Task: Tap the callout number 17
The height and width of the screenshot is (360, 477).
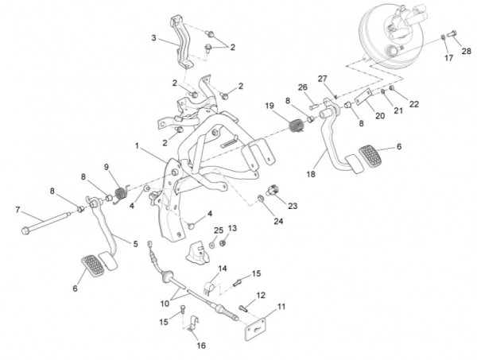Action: click(x=448, y=58)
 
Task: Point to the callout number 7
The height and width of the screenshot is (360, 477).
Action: click(x=17, y=210)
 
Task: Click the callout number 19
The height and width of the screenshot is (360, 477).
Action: click(x=270, y=106)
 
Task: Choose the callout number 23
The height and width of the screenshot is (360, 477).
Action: click(x=293, y=206)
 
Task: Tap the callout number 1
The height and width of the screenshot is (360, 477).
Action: click(x=138, y=147)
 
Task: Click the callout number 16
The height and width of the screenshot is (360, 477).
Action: click(x=200, y=346)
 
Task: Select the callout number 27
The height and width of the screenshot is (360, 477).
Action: click(x=323, y=78)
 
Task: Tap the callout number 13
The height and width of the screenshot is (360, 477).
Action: click(x=233, y=229)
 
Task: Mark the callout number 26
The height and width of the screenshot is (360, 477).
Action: click(x=302, y=87)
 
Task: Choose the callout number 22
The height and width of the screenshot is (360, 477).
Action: click(x=414, y=104)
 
